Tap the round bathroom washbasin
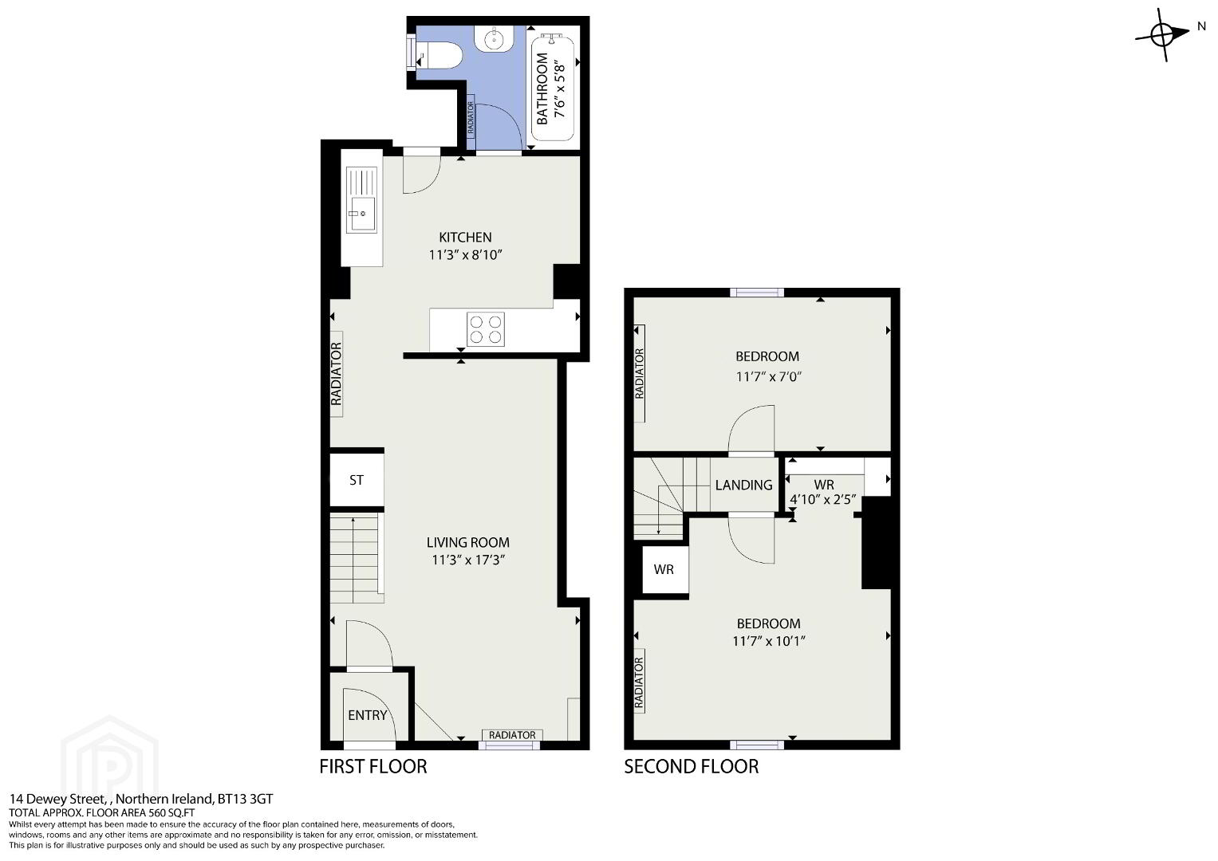tap(494, 39)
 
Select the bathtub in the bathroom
tap(553, 87)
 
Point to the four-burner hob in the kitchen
tap(486, 329)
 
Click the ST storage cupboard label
tap(357, 480)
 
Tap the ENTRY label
tap(368, 715)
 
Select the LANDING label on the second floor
tap(743, 485)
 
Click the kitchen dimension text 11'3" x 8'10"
tap(465, 255)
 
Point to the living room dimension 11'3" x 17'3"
tap(468, 560)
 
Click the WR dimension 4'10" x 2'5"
tap(823, 500)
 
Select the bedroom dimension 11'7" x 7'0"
tap(768, 376)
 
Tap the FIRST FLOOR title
tap(373, 766)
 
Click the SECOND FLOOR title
tap(691, 766)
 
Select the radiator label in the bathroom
tap(471, 119)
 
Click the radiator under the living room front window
tap(512, 735)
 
